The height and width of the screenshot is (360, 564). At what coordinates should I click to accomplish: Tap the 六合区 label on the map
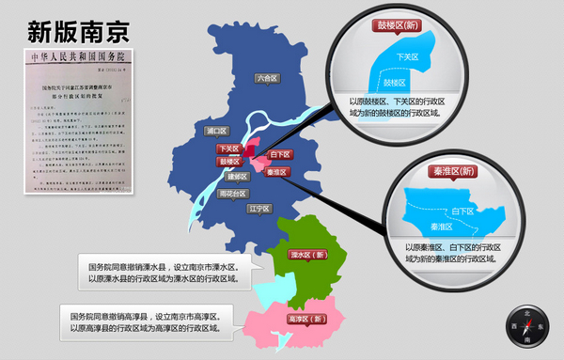pos(268,79)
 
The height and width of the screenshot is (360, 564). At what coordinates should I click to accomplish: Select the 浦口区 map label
pos(216,131)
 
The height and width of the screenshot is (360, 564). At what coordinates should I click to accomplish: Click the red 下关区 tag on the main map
pos(229,149)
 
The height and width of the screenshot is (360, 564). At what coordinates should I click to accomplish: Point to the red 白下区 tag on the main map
pos(279,154)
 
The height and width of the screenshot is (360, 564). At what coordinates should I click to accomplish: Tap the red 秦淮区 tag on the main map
pos(276,172)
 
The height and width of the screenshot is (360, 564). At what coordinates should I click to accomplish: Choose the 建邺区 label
pos(237,176)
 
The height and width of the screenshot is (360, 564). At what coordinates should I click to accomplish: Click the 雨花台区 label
pos(230,194)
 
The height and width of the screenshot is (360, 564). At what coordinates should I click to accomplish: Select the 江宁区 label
pos(259,208)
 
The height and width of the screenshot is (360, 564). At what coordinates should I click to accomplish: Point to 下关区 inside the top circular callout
pos(408,57)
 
